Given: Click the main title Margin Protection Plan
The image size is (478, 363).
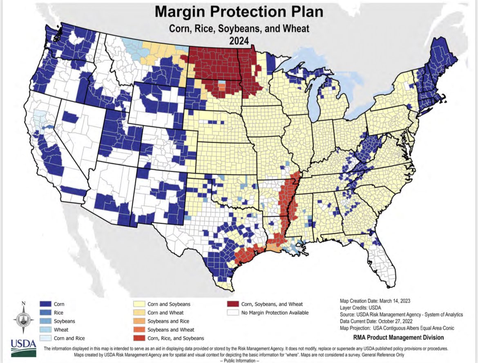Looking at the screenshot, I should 239,11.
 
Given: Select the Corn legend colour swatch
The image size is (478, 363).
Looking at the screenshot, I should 45,304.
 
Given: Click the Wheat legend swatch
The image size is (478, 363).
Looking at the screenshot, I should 45,329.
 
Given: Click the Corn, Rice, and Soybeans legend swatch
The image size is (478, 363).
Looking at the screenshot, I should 139,338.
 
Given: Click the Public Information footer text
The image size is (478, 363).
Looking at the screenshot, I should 239,360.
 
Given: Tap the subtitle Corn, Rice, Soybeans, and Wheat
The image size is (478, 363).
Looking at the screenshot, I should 239,28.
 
